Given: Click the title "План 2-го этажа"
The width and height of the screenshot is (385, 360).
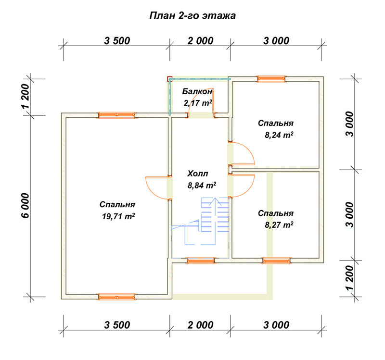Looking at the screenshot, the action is (192, 16).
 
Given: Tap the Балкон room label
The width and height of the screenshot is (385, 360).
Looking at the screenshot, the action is (197, 91).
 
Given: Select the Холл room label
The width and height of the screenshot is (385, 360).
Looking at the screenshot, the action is (198, 174).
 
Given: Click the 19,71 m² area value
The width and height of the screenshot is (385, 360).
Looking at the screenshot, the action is (118, 216).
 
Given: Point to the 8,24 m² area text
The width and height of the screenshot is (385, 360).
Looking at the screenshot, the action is (279, 135).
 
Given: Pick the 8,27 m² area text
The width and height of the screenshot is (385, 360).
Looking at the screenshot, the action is (279, 225).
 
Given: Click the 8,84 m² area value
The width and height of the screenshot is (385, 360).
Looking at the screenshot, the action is (202, 185).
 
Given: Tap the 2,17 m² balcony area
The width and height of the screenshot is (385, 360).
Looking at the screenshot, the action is (198, 103).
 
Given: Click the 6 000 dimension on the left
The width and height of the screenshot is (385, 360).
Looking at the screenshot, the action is (26, 206).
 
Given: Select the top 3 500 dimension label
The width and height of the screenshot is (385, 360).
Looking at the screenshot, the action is (117, 41).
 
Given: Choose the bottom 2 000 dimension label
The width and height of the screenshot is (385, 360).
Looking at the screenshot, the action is (200, 325).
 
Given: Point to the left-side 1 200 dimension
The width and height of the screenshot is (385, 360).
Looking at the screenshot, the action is (26, 97).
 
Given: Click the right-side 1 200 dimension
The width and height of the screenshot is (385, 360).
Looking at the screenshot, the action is (350, 278).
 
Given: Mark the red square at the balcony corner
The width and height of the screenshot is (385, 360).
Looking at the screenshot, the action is (170, 79).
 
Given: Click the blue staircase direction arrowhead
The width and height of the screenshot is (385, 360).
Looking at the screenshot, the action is (215, 200).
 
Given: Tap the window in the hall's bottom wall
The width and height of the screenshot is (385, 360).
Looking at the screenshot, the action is (201, 261).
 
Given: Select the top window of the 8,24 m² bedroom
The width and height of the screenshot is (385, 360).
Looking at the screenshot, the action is (271, 79).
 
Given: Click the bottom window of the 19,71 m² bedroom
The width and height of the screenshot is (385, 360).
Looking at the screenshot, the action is (117, 297).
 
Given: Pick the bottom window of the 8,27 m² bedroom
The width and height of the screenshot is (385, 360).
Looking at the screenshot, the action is (277, 261).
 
